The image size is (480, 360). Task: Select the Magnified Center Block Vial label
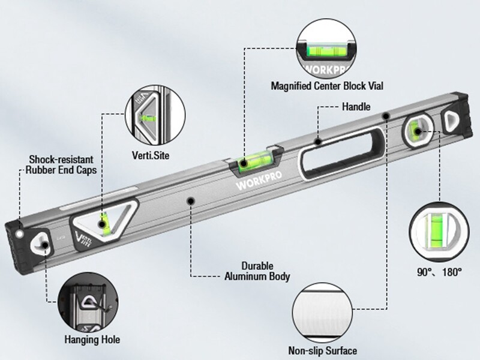[326, 86]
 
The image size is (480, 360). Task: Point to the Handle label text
[356, 107]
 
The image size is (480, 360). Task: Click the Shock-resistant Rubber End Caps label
[61, 165]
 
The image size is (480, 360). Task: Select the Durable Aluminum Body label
[257, 271]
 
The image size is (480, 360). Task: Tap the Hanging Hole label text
[92, 340]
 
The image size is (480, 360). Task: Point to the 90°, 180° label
[439, 272]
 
